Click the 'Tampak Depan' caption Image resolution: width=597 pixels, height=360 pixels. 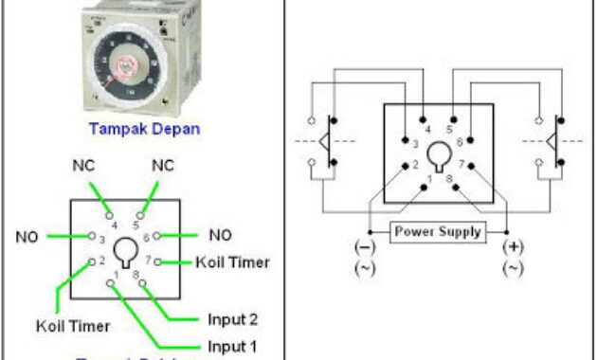pyautogui.click(x=144, y=129)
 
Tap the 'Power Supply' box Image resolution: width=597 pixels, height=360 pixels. pyautogui.click(x=438, y=230)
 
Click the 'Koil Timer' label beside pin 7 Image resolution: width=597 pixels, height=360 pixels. pyautogui.click(x=233, y=261)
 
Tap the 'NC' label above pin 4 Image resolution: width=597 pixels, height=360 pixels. pyautogui.click(x=83, y=166)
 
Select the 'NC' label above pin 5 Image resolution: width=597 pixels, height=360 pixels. pyautogui.click(x=163, y=166)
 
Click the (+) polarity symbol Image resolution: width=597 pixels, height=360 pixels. pyautogui.click(x=513, y=247)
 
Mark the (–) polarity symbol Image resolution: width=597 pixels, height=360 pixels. pyautogui.click(x=364, y=247)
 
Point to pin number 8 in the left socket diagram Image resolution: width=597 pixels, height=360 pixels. pyautogui.click(x=137, y=274)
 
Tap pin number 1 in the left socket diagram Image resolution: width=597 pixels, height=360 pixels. pyautogui.click(x=118, y=275)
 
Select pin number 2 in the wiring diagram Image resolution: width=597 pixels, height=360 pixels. pyautogui.click(x=414, y=165)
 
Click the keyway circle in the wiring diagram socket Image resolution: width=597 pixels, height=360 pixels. pyautogui.click(x=439, y=153)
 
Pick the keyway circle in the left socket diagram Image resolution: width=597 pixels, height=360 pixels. pyautogui.click(x=126, y=250)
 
